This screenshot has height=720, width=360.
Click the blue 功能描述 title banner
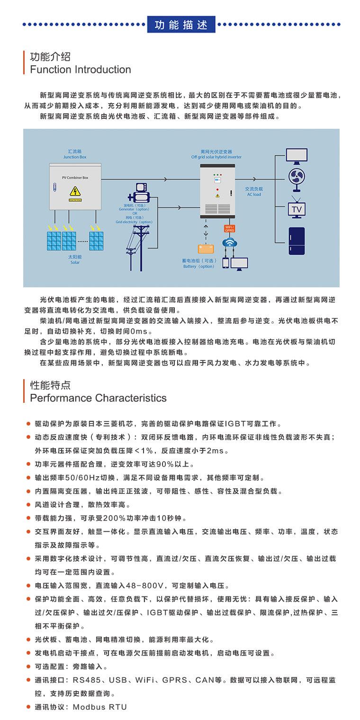tap(181, 25)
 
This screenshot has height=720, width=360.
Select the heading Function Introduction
tap(81, 70)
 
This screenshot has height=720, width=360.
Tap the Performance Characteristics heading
tap(98, 398)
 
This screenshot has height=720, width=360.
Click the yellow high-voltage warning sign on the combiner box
tap(74, 191)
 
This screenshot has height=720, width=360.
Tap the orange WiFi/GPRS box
tap(230, 229)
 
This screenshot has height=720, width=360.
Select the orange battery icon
tap(206, 249)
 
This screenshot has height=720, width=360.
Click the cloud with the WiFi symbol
tap(231, 243)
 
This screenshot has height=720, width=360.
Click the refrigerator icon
tap(297, 241)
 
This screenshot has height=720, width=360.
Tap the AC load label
tap(253, 192)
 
